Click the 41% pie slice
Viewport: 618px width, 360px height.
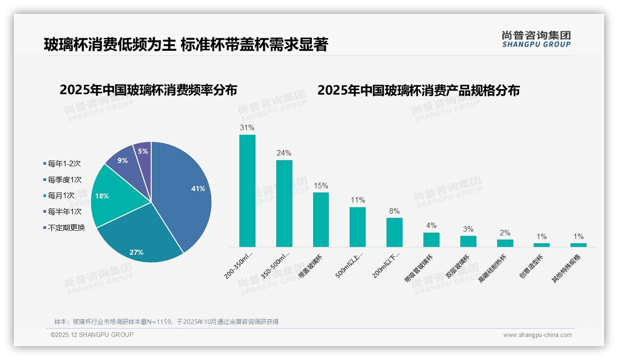[x=184, y=194]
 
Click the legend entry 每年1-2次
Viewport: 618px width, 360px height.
[x=64, y=163]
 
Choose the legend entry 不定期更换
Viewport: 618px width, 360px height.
[x=66, y=228]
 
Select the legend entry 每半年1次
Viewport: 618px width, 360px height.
[x=64, y=211]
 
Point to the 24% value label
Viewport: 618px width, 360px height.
[x=284, y=153]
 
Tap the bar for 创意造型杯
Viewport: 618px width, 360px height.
[x=542, y=245]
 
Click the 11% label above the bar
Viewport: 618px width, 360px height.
[x=357, y=200]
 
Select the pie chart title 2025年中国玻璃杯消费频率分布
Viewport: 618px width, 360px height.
[x=148, y=90]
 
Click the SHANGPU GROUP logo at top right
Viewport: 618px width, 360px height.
[x=536, y=39]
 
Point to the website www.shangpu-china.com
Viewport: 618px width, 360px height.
[x=537, y=335]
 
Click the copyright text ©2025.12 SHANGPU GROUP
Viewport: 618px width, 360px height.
[x=92, y=335]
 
